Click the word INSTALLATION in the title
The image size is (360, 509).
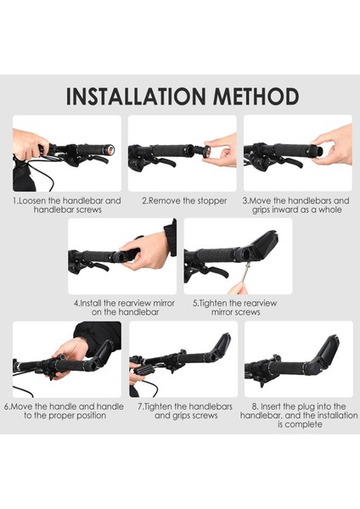pos(136,96)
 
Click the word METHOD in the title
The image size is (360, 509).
pos(256,96)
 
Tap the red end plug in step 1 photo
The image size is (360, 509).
pos(111,150)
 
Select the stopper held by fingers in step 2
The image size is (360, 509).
pos(206,151)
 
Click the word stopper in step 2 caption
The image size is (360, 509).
pos(211,201)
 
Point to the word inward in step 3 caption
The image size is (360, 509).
pos(288,210)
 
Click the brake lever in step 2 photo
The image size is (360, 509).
pos(166,162)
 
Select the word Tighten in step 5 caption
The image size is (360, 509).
pos(213,303)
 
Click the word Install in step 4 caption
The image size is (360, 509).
pos(91,303)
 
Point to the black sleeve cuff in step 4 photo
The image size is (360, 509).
pos(171,238)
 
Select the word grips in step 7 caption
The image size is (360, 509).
pos(180,416)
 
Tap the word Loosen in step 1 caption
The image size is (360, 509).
pos(32,200)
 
